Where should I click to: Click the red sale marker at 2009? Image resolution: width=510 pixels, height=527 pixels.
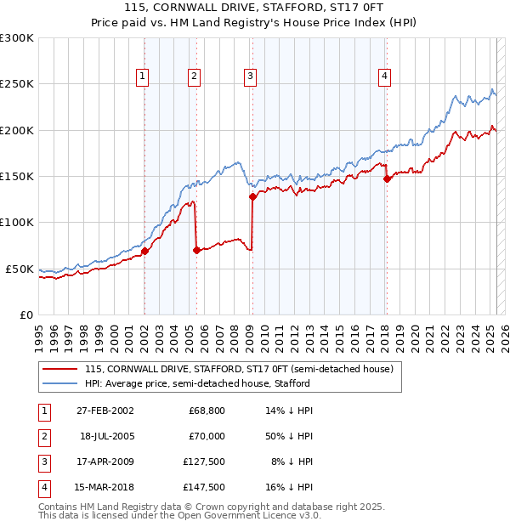pos(252,197)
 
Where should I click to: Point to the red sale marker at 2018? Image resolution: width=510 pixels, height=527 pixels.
pos(387,178)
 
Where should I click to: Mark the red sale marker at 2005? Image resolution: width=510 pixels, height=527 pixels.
pos(196,250)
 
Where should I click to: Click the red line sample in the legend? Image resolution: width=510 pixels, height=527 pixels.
pos(59,370)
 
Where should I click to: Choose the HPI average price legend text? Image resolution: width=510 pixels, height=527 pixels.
pos(197,383)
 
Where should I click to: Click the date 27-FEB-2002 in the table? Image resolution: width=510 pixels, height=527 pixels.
pos(105,411)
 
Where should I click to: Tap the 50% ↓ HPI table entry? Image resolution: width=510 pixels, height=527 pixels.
pos(288,436)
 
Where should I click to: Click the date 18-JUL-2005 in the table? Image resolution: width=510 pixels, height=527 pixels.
pos(105,436)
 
